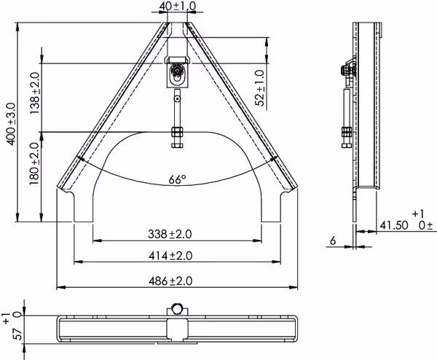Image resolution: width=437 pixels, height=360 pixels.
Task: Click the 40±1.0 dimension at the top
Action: (177, 6)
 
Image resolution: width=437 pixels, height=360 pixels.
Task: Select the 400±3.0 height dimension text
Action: (12, 124)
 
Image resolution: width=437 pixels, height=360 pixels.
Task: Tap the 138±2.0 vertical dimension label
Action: (36, 93)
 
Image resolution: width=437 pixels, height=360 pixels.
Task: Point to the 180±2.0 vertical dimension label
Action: (35, 164)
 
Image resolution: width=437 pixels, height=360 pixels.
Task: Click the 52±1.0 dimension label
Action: (260, 88)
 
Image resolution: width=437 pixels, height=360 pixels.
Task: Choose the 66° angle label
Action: (177, 179)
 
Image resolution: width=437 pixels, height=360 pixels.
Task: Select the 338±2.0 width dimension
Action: (170, 234)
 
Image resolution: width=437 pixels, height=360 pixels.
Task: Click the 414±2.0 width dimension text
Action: (170, 256)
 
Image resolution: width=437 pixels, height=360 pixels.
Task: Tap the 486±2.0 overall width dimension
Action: (170, 281)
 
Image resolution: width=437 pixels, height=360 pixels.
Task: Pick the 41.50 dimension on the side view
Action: (394, 225)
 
